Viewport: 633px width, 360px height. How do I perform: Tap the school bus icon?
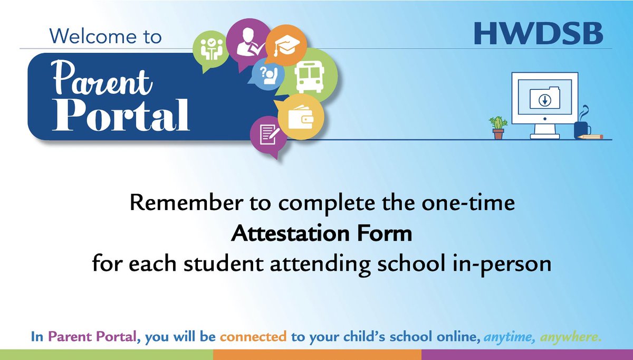coord(308,77)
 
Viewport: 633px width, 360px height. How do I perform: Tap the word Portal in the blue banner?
coord(121,114)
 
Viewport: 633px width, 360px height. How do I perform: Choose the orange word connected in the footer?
coord(253,336)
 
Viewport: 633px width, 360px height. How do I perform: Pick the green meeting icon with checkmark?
coord(211,48)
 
